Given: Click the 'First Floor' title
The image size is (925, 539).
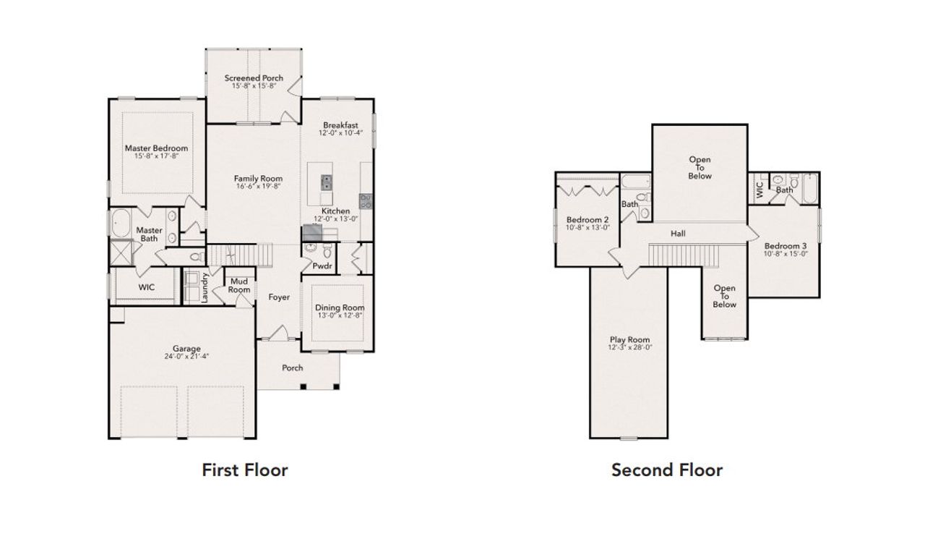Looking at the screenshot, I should point(244,470).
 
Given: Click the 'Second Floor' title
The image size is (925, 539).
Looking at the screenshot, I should point(666,470).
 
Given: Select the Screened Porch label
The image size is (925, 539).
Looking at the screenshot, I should point(253,78).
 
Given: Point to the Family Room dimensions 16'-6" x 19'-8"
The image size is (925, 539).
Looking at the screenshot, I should point(258,186).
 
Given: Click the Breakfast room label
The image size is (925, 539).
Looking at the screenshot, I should point(340,125).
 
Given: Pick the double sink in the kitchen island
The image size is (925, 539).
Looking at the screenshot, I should point(327,182).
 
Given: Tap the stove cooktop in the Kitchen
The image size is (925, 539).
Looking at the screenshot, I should point(366,200).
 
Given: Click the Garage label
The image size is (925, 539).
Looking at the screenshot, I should point(186,348).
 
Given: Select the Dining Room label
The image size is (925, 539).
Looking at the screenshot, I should point(340,307).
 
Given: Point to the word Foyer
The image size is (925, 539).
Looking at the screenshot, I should point(279,297).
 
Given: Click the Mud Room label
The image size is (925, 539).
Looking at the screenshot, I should point(239,286).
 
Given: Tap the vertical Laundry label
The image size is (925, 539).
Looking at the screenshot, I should point(206,287).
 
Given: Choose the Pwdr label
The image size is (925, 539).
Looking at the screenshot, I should point(322,266).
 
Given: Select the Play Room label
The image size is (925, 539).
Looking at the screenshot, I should point(629,339).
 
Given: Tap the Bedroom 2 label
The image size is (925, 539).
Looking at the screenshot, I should point(587,220).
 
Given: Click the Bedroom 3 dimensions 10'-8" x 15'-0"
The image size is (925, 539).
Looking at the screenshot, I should point(786,254).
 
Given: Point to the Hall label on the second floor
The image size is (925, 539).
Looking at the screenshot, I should point(678,234).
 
